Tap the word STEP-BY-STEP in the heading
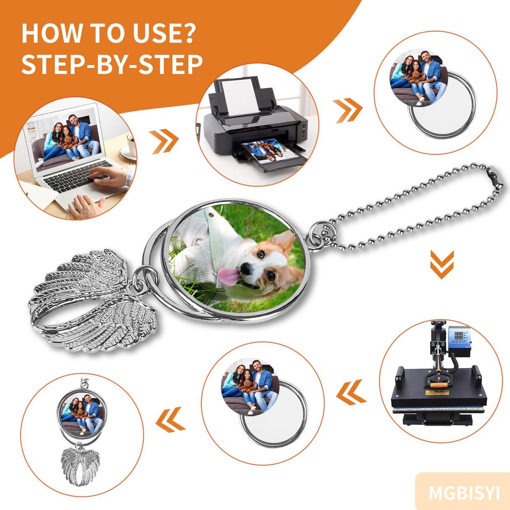click(112, 64)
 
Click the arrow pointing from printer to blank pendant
click(347, 110)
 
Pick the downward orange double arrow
click(442, 264)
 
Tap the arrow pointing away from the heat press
click(351, 392)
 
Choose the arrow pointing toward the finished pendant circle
click(171, 420)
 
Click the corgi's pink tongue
click(229, 276)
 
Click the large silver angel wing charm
click(92, 300)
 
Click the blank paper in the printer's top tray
click(240, 97)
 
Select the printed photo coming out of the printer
click(266, 151)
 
